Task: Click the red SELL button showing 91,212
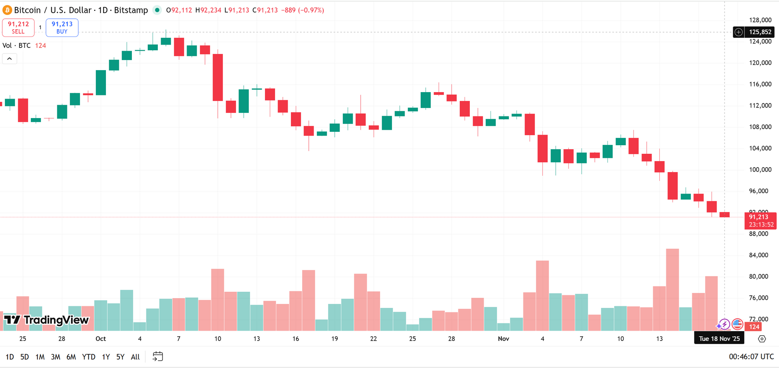(x=18, y=28)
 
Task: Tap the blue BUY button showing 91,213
(x=62, y=28)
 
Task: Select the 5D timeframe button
(x=25, y=357)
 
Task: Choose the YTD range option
(x=88, y=357)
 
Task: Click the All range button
(x=135, y=357)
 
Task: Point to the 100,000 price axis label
(x=760, y=170)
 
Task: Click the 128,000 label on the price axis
(x=760, y=20)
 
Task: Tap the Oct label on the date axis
(x=101, y=339)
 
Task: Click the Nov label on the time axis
(x=503, y=339)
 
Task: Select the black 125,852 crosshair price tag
(x=760, y=32)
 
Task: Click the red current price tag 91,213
(x=760, y=220)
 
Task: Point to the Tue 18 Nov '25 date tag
(x=719, y=338)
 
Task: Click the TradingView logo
(x=46, y=320)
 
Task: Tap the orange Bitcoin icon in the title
(x=7, y=10)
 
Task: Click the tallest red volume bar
(x=672, y=290)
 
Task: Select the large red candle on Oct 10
(x=218, y=77)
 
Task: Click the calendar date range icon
(x=157, y=357)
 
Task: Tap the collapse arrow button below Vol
(x=10, y=59)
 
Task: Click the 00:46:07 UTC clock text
(x=751, y=357)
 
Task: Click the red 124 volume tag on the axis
(x=754, y=327)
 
